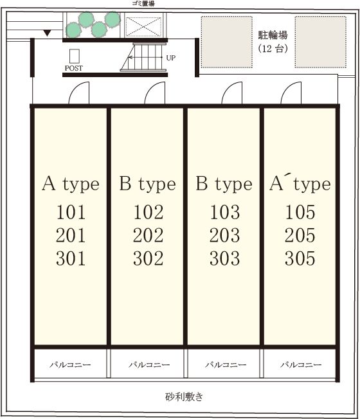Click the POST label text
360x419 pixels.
[x=74, y=68]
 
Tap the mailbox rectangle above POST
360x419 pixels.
[x=75, y=56]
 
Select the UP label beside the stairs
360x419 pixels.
[x=171, y=58]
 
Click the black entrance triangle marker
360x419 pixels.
[x=48, y=33]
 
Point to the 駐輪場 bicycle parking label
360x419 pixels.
[x=273, y=35]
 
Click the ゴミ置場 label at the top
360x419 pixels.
[x=143, y=3]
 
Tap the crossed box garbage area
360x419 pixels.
[x=143, y=26]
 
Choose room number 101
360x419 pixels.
[x=71, y=212]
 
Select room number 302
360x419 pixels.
[x=148, y=258]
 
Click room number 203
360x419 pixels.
[x=224, y=235]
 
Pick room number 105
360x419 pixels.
[x=300, y=212]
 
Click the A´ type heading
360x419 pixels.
[x=300, y=183]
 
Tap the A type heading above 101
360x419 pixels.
[x=71, y=184]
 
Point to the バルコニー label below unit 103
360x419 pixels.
[x=226, y=365]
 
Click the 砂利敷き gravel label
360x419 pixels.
[x=184, y=397]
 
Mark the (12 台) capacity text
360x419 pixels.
[x=273, y=49]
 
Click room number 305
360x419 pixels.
[x=300, y=258]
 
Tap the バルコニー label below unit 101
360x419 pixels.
[x=70, y=365]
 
